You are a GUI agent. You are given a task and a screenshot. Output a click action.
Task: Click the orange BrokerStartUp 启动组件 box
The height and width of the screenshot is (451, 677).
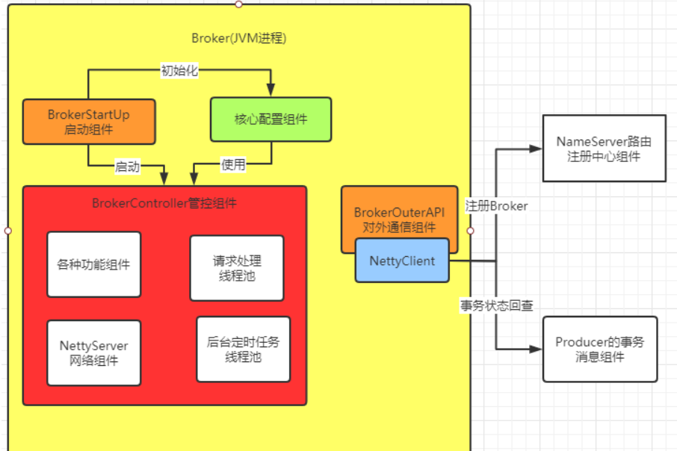(x=89, y=121)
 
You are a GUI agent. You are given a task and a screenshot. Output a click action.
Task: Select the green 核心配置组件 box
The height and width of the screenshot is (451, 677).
(x=271, y=119)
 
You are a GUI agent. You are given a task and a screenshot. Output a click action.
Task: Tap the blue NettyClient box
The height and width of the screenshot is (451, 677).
(x=402, y=261)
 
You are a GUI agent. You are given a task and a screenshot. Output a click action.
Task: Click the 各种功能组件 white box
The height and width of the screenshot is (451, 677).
(x=93, y=264)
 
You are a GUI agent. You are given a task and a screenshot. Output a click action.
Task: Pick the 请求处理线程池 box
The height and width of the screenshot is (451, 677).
(x=237, y=268)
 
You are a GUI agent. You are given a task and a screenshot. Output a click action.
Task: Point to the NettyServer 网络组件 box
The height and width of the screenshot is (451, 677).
(x=93, y=353)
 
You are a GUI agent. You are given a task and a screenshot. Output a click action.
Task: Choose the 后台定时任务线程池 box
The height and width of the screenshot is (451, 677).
(x=243, y=349)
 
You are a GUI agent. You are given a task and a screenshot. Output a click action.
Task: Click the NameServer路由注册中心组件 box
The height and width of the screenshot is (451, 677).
(x=603, y=148)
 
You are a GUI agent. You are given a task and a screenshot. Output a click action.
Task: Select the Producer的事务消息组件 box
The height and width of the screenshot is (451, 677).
(x=600, y=349)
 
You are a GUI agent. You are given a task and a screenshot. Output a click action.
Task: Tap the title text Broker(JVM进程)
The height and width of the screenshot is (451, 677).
(x=239, y=38)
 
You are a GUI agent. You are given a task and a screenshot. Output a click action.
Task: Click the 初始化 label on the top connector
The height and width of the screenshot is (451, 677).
(x=179, y=71)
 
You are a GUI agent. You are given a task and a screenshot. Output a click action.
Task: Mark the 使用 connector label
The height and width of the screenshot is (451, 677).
(x=233, y=165)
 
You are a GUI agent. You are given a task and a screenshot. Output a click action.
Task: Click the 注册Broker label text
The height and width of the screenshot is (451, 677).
(x=496, y=205)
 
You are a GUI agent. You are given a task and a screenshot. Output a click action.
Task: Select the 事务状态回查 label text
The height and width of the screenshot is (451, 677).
(x=496, y=305)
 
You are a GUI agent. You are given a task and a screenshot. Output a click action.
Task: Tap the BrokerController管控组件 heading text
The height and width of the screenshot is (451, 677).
(x=164, y=202)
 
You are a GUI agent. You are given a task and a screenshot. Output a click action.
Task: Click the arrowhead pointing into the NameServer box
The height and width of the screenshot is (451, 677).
(x=536, y=149)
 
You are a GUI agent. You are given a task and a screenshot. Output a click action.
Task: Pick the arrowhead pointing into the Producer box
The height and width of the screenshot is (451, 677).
(x=536, y=349)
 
